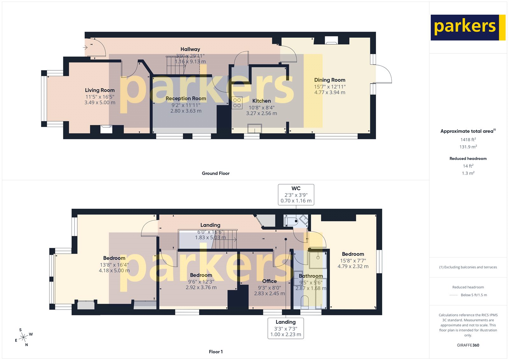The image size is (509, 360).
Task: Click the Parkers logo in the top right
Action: coord(468,27)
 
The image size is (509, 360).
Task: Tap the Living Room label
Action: coord(100,90)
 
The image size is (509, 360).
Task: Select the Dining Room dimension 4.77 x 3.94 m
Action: coord(330,93)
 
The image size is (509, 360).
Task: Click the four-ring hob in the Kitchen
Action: coord(237,103)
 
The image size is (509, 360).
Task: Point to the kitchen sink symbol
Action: coord(254,129)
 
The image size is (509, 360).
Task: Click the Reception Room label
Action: coord(186,99)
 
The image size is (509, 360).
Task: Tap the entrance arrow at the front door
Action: coord(85,47)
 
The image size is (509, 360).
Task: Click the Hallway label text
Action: coord(190,49)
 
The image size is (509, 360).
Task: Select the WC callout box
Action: coord(296,194)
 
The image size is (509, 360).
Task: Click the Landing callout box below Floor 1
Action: coord(285,328)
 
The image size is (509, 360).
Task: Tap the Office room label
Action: coord(269,281)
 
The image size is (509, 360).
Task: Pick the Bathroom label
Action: coord(311,276)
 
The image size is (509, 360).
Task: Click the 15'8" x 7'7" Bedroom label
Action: coord(353,254)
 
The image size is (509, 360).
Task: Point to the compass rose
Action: coord(24,337)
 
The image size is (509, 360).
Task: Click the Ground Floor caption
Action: coord(215,173)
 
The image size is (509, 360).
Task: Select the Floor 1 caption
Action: coord(216,352)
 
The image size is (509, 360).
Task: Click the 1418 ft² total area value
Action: coord(468,140)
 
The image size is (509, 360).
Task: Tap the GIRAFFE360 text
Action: coord(468,345)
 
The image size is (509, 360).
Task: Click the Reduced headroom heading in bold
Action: coord(468,159)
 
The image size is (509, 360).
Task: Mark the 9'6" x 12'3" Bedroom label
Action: coord(201,275)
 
